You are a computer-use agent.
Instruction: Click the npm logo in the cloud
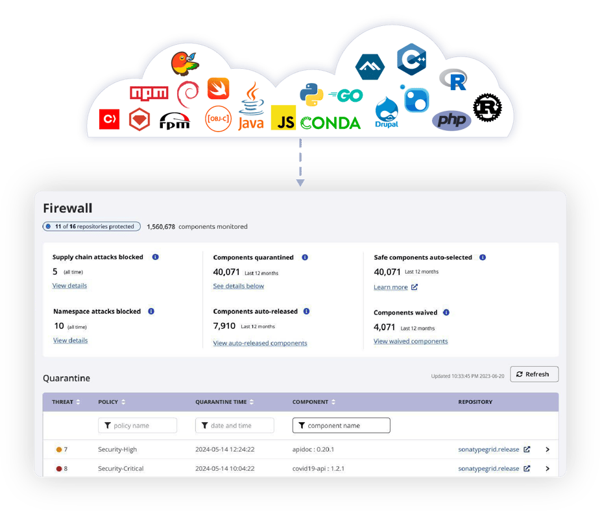pos(149,93)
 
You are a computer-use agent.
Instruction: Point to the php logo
pos(451,120)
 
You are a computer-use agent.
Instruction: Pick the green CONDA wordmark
pos(330,123)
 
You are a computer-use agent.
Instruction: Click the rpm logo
pos(175,120)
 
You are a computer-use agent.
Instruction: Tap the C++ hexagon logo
pos(411,60)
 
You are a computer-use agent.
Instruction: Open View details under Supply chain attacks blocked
pos(69,286)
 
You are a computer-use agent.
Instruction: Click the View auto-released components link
pos(260,343)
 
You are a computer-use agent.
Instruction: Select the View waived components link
pos(411,341)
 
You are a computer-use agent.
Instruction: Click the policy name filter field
pos(138,425)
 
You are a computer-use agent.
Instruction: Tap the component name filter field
pos(341,425)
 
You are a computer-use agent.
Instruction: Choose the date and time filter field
pos(235,425)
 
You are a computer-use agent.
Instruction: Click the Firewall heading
pos(67,208)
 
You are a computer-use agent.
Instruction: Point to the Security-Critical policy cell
pos(121,468)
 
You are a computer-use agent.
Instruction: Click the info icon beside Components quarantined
pos(305,257)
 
